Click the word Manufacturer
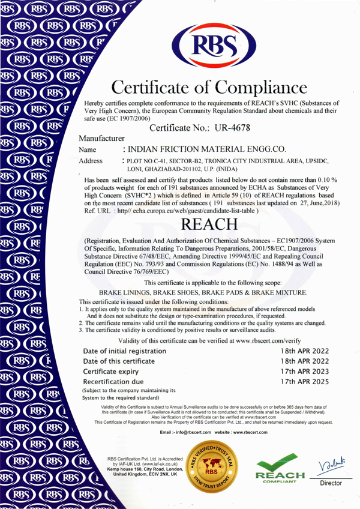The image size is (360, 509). point(101,138)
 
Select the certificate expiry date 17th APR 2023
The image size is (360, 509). point(305,371)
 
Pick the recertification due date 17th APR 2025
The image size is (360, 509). point(305,381)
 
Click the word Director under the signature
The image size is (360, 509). point(331,483)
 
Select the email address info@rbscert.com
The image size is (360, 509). point(186,432)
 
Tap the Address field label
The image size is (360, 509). point(91,161)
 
